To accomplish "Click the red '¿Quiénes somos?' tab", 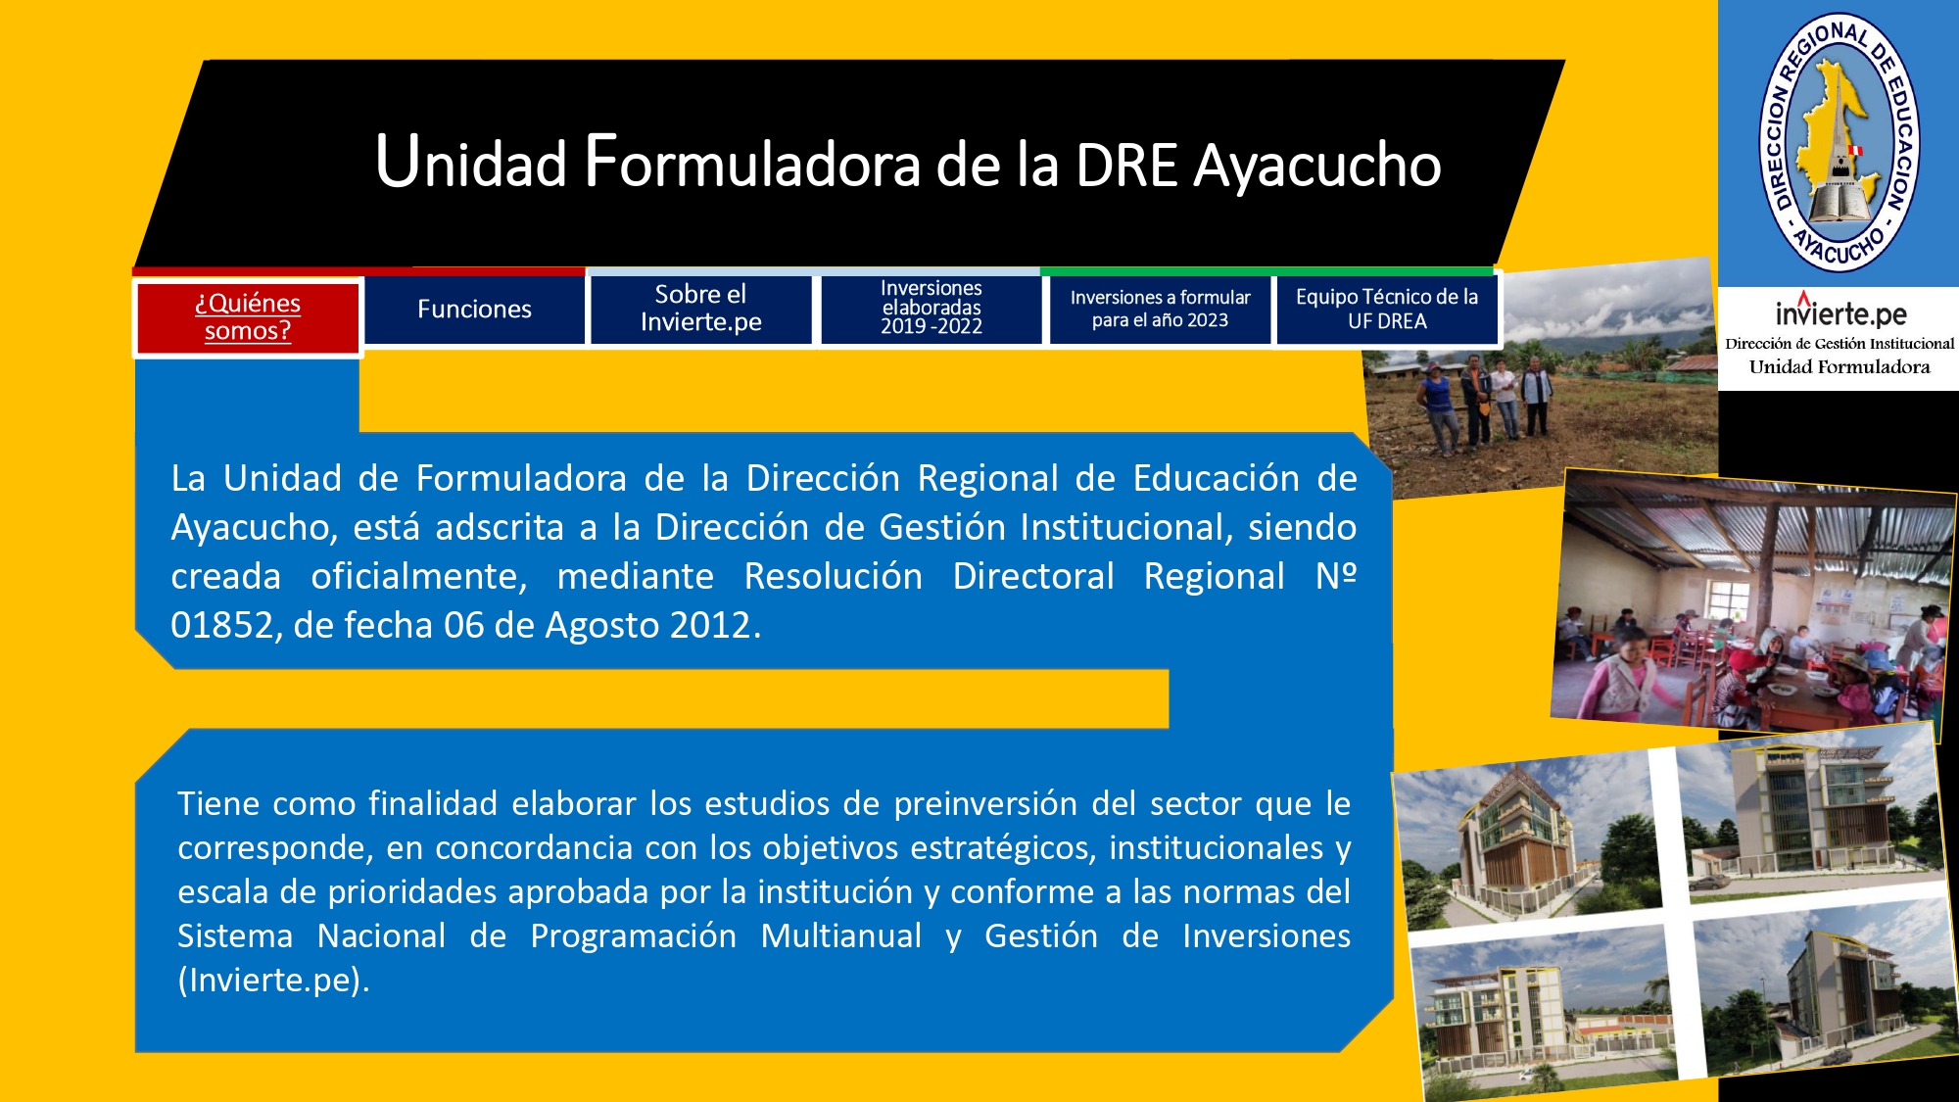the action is pos(248,317).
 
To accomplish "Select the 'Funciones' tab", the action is pos(474,310).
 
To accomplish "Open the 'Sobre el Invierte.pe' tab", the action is pos(700,309).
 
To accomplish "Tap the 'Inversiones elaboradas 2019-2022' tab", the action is pos(931,309).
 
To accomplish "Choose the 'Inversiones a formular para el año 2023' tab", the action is pos(1160,309).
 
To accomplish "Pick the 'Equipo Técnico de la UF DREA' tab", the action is pos(1387,309).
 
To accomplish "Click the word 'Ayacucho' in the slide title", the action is pos(1317,166).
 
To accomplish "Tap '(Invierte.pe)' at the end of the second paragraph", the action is pos(274,981).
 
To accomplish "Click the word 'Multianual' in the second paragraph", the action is pos(841,935).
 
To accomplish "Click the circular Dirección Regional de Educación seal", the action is pos(1840,143).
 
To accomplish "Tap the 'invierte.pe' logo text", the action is pos(1840,311).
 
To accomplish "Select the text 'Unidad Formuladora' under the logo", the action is pos(1840,367).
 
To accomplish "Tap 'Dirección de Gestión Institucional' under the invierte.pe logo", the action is pos(1840,344).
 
